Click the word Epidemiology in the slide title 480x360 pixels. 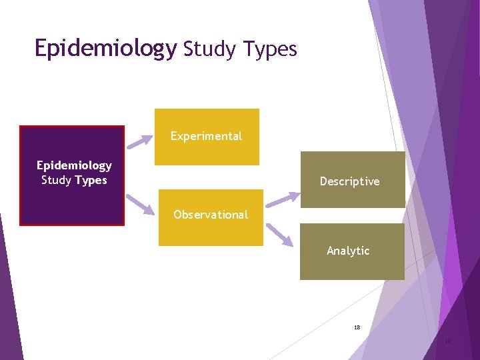point(105,49)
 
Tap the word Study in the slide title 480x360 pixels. point(207,49)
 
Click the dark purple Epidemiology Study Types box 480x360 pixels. point(72,200)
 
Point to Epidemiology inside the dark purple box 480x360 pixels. point(74,165)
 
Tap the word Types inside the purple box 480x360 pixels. point(91,180)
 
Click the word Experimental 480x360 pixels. point(206,136)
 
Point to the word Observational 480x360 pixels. point(211,215)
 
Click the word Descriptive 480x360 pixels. point(349,181)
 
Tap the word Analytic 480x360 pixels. point(348,251)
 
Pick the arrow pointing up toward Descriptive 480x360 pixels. point(283,198)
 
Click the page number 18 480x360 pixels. point(357,328)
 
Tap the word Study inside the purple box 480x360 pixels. point(56,180)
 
